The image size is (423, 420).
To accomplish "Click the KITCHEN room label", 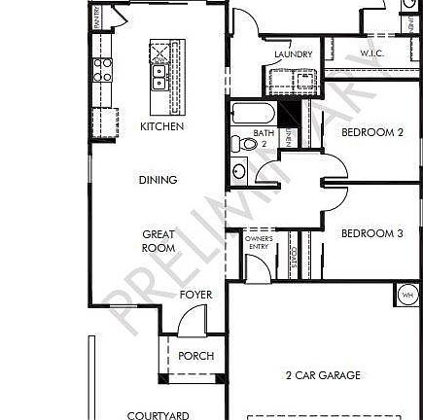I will point(161,126).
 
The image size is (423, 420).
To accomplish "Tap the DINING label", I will point(158,180).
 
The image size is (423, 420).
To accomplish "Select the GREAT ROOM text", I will point(159,241).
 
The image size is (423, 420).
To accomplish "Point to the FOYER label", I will point(195,295).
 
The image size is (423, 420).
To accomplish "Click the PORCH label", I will point(195,356).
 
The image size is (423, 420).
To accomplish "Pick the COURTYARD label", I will point(158,415).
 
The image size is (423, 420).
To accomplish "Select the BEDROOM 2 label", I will point(372,132).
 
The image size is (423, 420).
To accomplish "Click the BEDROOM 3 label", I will point(372,233).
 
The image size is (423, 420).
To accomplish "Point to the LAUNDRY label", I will point(293,54).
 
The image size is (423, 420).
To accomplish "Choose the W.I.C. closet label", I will point(371,53).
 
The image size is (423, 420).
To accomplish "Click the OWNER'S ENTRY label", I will point(259,242).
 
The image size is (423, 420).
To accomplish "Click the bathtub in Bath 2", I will point(252,113).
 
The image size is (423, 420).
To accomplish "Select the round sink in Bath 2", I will point(239,172).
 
